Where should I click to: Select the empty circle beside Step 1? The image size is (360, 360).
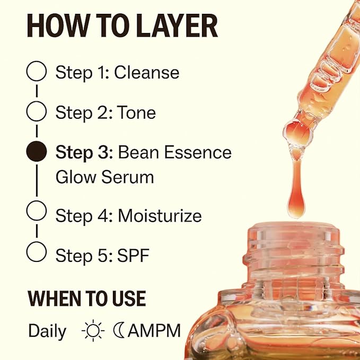click(x=36, y=71)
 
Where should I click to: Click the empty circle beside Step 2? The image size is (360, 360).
click(x=36, y=111)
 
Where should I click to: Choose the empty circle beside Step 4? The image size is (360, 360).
click(x=36, y=210)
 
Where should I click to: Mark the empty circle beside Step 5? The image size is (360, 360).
click(x=36, y=251)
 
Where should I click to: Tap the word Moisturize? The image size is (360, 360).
click(x=160, y=216)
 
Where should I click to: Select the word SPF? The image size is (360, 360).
click(x=134, y=256)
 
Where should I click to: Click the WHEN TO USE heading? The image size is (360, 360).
click(x=86, y=299)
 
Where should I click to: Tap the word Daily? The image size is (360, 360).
click(x=47, y=331)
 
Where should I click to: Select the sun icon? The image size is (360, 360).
click(x=93, y=331)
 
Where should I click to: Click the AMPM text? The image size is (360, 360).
click(x=154, y=331)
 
